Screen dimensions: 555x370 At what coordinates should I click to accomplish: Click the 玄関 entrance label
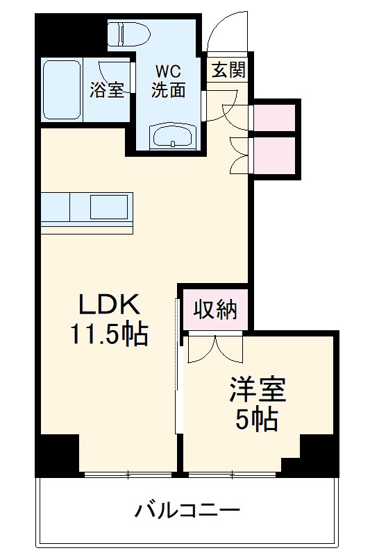coord(228,70)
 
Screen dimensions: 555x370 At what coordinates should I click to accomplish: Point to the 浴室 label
coord(108,90)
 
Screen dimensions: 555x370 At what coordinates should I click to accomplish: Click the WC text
coord(169,71)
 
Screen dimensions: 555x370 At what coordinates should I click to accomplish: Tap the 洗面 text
coord(169,90)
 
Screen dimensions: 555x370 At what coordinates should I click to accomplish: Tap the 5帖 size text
coord(258,420)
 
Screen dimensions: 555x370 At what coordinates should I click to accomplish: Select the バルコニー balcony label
coord(187,512)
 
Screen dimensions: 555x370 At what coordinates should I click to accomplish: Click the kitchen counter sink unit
coord(87,208)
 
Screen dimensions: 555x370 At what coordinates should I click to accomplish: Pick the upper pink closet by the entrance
coord(276,117)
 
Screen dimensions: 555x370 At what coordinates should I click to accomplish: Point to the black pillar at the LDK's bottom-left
coord(56,454)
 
